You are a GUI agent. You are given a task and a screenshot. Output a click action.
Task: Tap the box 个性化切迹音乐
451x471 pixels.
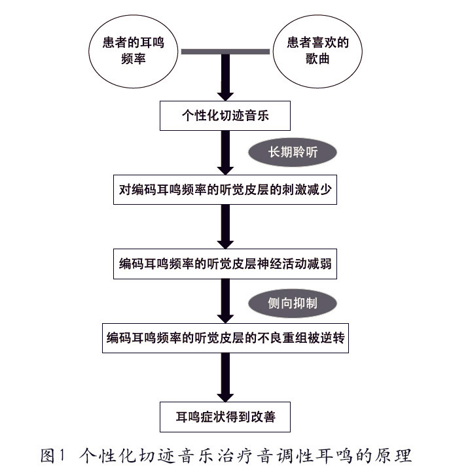point(225,116)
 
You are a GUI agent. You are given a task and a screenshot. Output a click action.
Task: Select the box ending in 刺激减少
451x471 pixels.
point(225,190)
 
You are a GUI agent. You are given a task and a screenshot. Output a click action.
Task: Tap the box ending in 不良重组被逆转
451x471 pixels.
point(225,338)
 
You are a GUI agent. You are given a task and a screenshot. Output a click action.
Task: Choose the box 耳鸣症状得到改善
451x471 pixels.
point(225,413)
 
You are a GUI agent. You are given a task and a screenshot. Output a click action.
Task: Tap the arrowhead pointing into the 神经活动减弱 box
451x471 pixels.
point(225,243)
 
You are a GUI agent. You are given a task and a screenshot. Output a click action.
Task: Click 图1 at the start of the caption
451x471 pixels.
point(53,453)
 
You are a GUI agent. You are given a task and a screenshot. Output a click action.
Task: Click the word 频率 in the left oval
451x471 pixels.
point(133,58)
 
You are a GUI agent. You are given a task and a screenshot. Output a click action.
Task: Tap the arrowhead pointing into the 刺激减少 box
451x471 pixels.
point(225,169)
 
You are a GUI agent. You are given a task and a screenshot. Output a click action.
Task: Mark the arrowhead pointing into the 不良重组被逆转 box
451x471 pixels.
point(225,318)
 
